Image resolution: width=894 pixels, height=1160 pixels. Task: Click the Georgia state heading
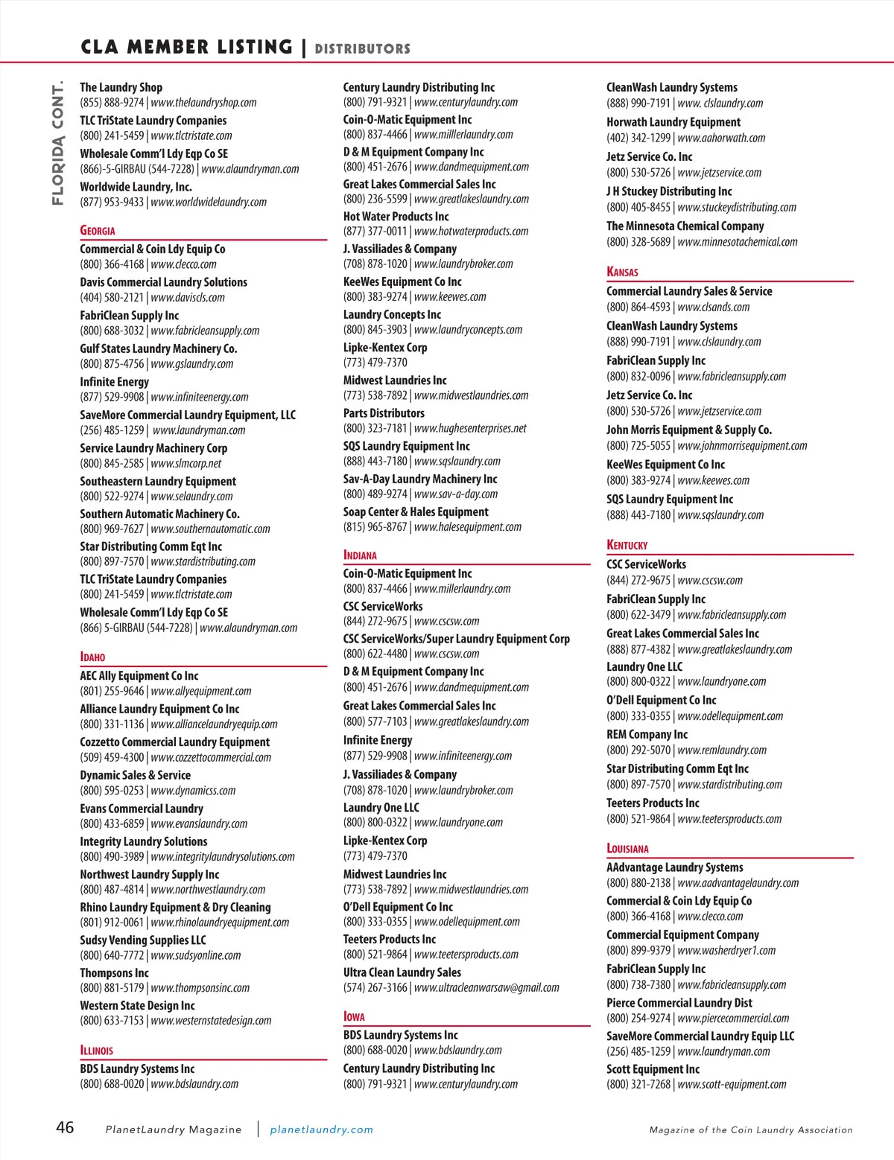pyautogui.click(x=98, y=231)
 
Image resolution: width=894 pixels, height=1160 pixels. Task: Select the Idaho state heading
pyautogui.click(x=92, y=657)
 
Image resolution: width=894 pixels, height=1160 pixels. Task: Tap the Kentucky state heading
pyautogui.click(x=627, y=545)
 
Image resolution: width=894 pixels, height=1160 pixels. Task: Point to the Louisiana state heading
pyautogui.click(x=627, y=848)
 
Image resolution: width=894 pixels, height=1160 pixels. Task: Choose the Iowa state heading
pyautogui.click(x=354, y=1017)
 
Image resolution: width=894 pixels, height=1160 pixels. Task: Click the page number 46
pyautogui.click(x=65, y=1127)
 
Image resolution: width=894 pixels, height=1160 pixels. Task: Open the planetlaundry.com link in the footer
pyautogui.click(x=321, y=1129)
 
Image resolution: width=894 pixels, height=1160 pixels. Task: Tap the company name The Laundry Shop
pyautogui.click(x=121, y=87)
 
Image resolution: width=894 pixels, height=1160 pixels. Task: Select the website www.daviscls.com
pyautogui.click(x=187, y=298)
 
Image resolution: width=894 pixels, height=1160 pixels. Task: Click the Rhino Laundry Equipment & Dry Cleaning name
pyautogui.click(x=175, y=908)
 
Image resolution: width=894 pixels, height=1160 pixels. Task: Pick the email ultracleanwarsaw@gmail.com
pyautogui.click(x=486, y=988)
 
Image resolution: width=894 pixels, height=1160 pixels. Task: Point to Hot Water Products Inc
pyautogui.click(x=396, y=217)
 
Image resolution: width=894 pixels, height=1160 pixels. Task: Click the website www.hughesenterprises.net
pyautogui.click(x=470, y=428)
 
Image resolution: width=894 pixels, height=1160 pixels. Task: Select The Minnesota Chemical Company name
pyautogui.click(x=685, y=226)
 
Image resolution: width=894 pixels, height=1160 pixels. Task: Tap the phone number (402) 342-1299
pyautogui.click(x=638, y=138)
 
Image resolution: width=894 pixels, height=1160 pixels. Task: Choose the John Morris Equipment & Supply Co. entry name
pyautogui.click(x=688, y=430)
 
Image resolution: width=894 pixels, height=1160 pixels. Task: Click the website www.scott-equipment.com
pyautogui.click(x=732, y=1085)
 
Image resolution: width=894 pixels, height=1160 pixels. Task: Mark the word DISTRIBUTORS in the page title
pyautogui.click(x=362, y=49)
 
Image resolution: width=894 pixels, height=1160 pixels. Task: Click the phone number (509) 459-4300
pyautogui.click(x=112, y=758)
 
